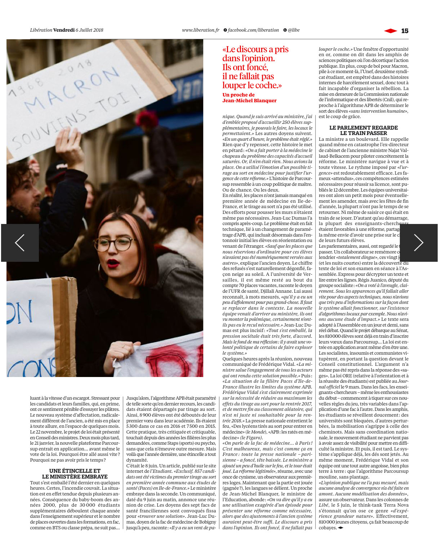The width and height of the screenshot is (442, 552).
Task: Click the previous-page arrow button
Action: coord(20,243)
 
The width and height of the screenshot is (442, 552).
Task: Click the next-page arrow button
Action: coord(419,243)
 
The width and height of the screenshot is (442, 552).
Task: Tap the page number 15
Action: coord(405,31)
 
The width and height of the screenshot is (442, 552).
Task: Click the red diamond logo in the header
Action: coord(390,31)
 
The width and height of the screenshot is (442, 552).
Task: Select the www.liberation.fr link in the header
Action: coord(201,30)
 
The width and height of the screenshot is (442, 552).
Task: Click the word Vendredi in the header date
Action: coord(64,30)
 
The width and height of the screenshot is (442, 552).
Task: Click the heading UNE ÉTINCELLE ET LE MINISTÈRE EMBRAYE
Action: coord(75,474)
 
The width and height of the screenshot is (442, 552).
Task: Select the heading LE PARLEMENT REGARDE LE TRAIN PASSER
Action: coord(363,130)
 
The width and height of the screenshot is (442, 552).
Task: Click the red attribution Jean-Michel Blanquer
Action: coord(249,101)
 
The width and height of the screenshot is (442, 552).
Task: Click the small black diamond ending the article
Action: coord(340,528)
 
